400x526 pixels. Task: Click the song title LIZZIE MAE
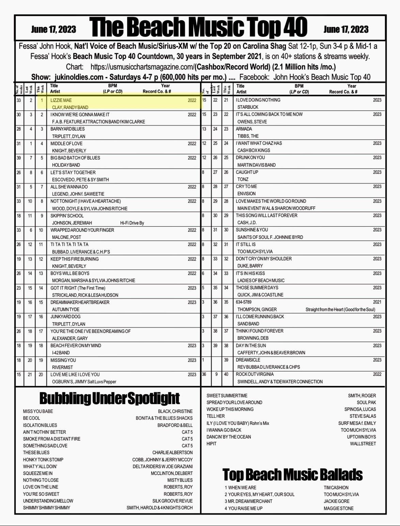click(x=61, y=100)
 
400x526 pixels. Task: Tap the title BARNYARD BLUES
click(x=67, y=129)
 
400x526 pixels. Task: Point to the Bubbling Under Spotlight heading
click(x=109, y=398)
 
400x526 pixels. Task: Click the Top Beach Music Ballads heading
click(x=292, y=475)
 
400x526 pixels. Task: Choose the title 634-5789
click(x=244, y=302)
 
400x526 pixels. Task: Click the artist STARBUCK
click(x=248, y=107)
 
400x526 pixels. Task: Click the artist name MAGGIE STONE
click(x=339, y=508)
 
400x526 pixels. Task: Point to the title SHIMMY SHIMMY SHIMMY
click(x=47, y=508)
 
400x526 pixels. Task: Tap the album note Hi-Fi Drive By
click(x=132, y=223)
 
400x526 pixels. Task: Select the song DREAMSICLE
click(x=248, y=360)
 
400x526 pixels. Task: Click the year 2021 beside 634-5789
click(x=377, y=302)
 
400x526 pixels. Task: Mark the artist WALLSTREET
click(x=363, y=444)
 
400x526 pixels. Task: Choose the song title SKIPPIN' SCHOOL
click(x=67, y=216)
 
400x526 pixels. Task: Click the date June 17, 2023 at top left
click(x=53, y=29)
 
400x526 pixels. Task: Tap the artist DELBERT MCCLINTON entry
click(x=172, y=473)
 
